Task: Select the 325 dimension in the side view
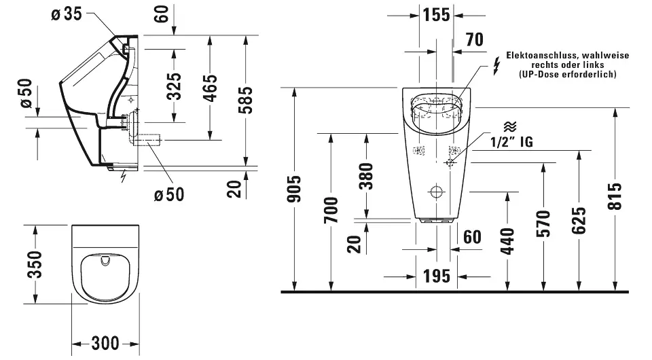tap(175, 86)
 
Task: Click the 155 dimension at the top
tap(436, 15)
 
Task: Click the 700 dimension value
tap(331, 210)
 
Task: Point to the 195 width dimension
tap(437, 276)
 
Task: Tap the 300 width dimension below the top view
tap(105, 343)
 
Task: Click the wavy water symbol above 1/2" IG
tap(509, 127)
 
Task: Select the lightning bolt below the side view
tap(123, 178)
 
